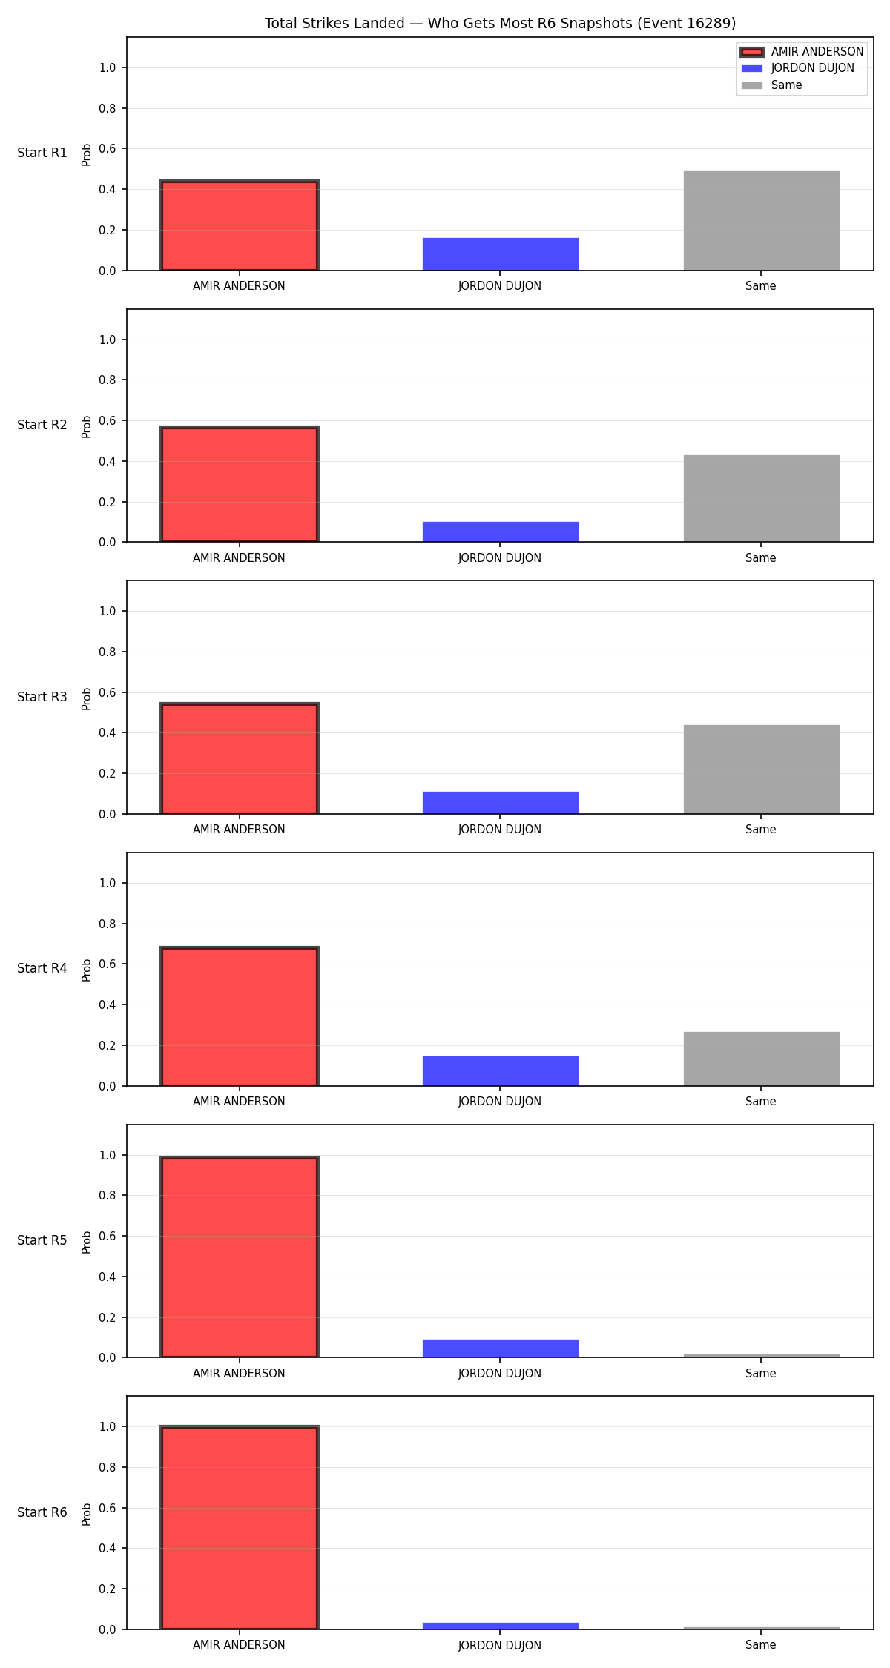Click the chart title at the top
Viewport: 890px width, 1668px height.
click(x=500, y=24)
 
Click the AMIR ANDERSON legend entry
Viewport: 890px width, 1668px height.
click(x=802, y=52)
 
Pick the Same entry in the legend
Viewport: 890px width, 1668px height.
click(x=771, y=85)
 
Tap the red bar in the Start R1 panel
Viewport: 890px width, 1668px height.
click(x=240, y=225)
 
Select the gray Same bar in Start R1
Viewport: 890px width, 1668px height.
click(x=761, y=220)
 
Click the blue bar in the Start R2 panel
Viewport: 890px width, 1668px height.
click(x=500, y=532)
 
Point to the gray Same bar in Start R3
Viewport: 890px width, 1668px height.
click(x=761, y=770)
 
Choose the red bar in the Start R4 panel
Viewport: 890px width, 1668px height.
click(x=240, y=1016)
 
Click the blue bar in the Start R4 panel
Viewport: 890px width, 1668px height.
click(x=500, y=1071)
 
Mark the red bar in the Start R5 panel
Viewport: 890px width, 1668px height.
click(x=240, y=1257)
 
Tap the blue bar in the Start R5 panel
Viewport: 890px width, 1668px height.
click(x=500, y=1348)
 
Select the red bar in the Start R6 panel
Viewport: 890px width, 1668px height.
click(x=240, y=1528)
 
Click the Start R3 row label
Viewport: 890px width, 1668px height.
click(x=42, y=697)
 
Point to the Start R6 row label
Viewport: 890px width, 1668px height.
click(x=42, y=1512)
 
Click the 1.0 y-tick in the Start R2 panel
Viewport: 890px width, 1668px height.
click(x=108, y=340)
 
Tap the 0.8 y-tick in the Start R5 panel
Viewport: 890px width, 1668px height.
click(x=108, y=1195)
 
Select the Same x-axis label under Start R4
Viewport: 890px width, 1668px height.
click(x=761, y=1102)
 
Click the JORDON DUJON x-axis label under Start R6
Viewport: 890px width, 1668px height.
click(x=500, y=1645)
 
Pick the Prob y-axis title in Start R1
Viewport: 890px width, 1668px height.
click(x=87, y=154)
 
